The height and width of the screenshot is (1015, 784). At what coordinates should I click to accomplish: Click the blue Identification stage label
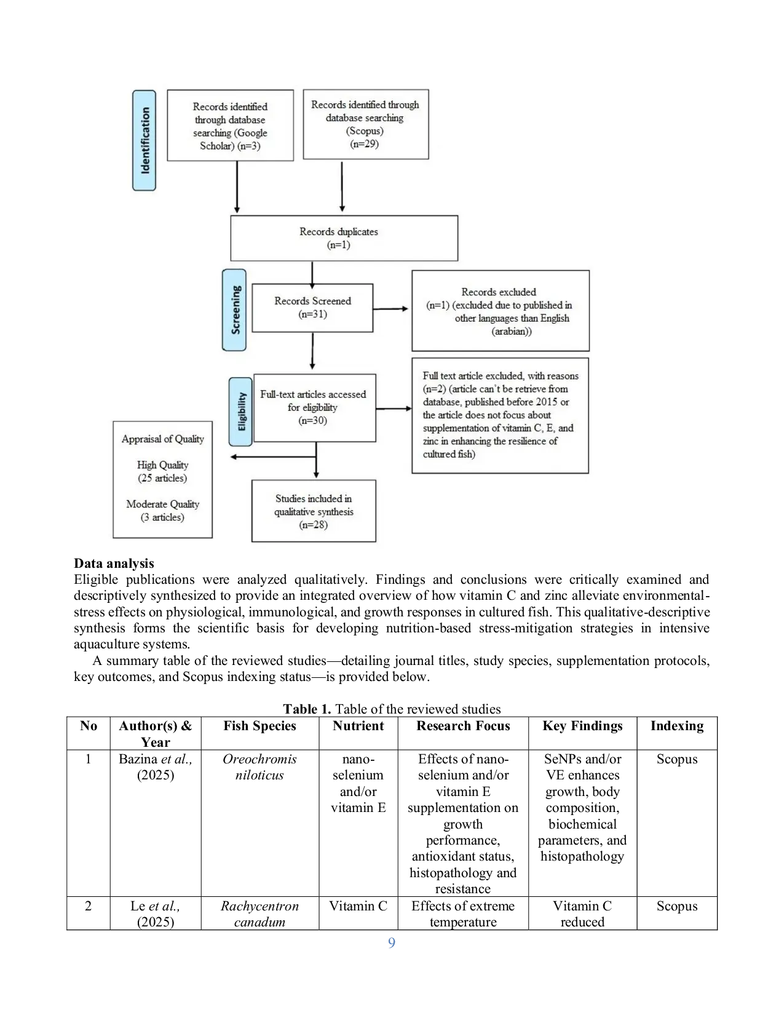point(145,140)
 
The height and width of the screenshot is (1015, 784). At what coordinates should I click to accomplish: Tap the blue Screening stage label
point(234,309)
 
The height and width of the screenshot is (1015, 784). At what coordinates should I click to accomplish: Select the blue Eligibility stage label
point(240,412)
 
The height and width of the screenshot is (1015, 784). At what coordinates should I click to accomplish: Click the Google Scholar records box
point(230,125)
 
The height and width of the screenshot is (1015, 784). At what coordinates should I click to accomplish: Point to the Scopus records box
point(365,124)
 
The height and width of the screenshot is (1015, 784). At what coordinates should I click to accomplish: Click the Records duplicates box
point(344,238)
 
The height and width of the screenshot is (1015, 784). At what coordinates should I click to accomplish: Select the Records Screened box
point(312,308)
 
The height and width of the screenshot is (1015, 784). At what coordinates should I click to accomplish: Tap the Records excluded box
point(500,311)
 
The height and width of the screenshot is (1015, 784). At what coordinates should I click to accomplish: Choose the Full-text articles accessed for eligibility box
point(314,407)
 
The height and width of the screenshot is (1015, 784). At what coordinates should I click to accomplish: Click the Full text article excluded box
point(500,415)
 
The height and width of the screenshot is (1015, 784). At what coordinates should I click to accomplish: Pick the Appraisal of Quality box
point(162,479)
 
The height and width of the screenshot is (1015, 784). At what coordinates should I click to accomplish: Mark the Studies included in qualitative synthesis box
point(314,511)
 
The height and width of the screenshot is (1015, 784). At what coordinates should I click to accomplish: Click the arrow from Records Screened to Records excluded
point(390,308)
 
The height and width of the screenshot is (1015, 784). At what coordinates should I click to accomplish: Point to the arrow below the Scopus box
point(342,186)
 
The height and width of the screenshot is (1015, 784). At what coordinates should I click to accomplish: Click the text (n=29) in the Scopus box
point(364,144)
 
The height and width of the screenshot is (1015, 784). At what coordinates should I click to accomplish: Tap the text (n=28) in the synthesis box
point(313,525)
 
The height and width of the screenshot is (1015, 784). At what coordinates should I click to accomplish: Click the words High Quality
point(162,465)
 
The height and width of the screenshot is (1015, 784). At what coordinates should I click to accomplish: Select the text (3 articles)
point(162,517)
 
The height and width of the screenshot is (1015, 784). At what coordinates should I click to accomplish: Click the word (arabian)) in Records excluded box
point(512,332)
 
